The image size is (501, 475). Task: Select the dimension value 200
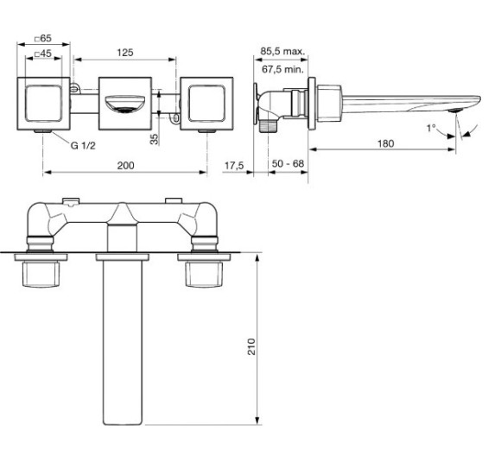pos(125,163)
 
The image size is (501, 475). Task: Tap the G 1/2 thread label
pos(83,145)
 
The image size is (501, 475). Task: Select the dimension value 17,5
pos(233,164)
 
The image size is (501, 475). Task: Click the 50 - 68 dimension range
pos(285,164)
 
